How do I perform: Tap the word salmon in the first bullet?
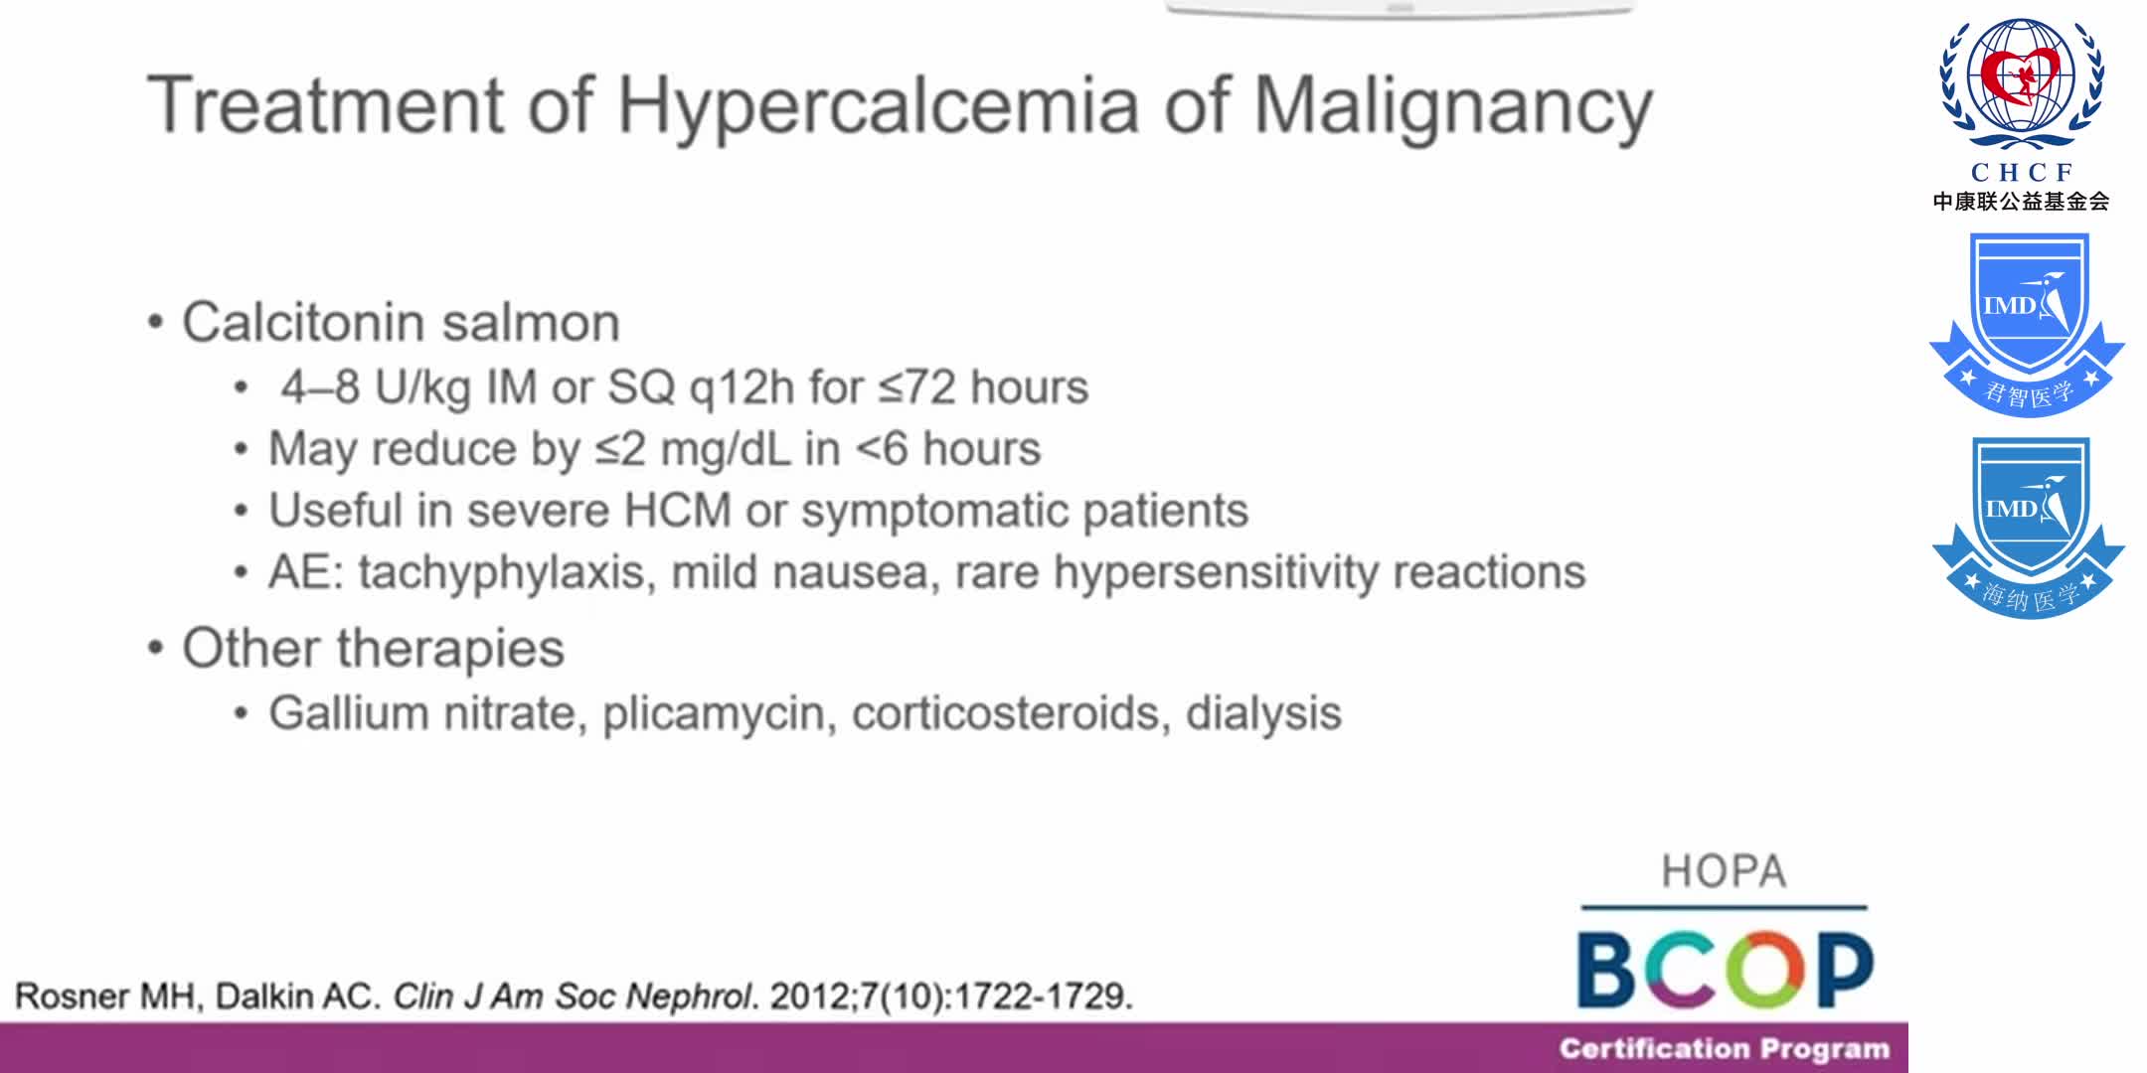[x=530, y=323]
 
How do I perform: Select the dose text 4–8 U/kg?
[x=375, y=387]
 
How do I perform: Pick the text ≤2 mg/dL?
[x=693, y=449]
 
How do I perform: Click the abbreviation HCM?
[x=677, y=511]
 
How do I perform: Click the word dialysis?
[x=1263, y=713]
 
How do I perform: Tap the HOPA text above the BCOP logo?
[x=1724, y=872]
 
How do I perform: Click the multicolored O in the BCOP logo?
[x=1764, y=969]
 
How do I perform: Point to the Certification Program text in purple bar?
[x=1724, y=1049]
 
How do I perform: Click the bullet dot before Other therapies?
[x=155, y=649]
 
